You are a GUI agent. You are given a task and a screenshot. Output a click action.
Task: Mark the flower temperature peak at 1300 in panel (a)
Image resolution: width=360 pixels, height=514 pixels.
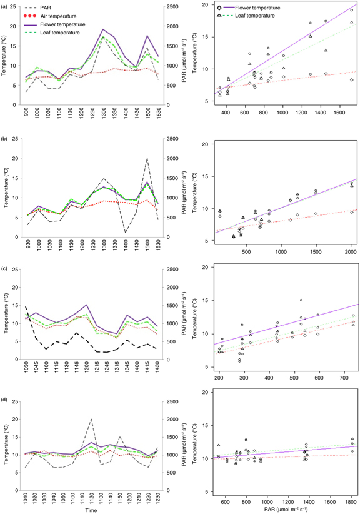tap(103, 29)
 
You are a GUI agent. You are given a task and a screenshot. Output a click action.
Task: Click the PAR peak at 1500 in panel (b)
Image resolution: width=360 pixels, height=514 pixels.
tap(147, 158)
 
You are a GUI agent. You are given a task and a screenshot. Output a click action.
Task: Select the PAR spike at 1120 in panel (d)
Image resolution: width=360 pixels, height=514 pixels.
tap(91, 419)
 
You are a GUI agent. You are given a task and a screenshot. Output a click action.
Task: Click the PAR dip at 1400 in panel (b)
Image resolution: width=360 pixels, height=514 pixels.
tap(125, 233)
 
